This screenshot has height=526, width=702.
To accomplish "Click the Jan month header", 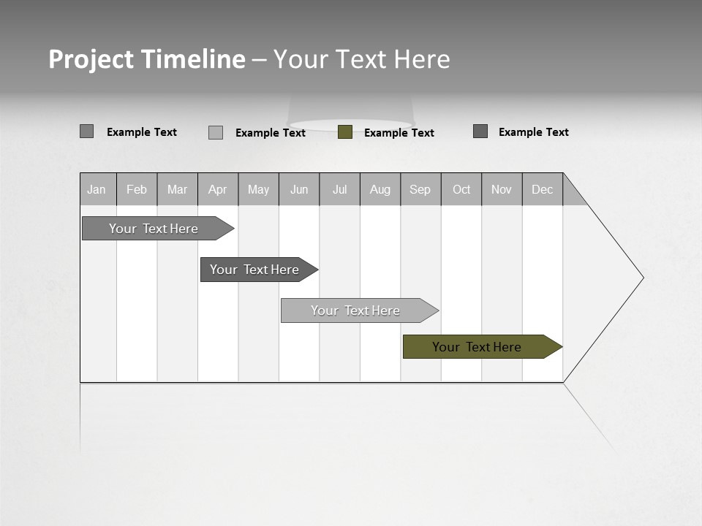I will [x=97, y=189].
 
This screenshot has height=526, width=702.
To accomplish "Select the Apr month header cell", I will [x=218, y=189].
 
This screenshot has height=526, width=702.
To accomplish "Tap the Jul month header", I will [x=340, y=189].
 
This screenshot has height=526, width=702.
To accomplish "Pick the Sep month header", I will [x=420, y=189].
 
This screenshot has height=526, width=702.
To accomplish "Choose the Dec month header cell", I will [x=543, y=189].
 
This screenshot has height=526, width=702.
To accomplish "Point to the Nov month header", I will [x=502, y=189].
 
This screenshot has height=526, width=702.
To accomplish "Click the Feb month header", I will [x=137, y=189].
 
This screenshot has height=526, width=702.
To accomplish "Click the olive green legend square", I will [x=345, y=132].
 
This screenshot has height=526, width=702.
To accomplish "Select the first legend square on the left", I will [x=87, y=131].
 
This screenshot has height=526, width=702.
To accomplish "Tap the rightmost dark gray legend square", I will [x=480, y=131].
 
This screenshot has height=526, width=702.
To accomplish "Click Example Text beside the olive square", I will [x=399, y=133].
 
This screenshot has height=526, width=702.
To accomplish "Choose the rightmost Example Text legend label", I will [x=534, y=132].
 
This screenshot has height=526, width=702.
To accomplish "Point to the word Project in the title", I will [x=91, y=59].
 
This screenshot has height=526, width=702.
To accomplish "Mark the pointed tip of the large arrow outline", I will [x=643, y=278].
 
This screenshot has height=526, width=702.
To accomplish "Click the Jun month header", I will [x=299, y=189].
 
